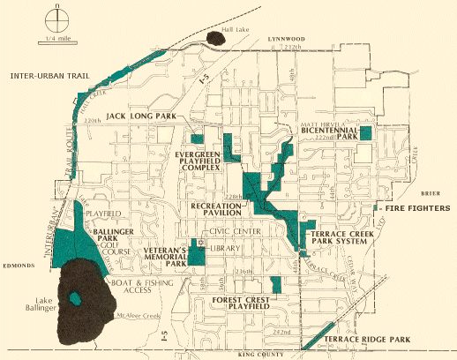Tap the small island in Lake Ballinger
point(75,297)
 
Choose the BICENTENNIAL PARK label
point(327,133)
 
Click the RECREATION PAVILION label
point(217,209)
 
